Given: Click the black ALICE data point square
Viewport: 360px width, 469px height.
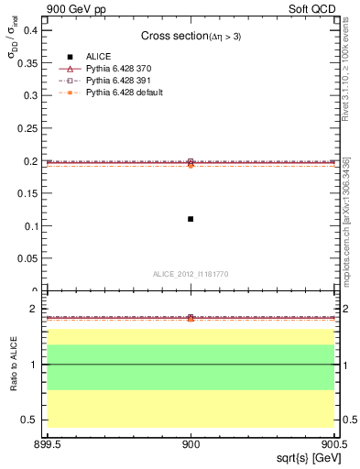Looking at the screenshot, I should [x=191, y=219].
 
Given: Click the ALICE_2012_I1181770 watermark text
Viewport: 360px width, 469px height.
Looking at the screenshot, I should [x=190, y=274].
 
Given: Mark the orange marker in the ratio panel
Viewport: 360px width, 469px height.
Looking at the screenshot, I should [x=191, y=319].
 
